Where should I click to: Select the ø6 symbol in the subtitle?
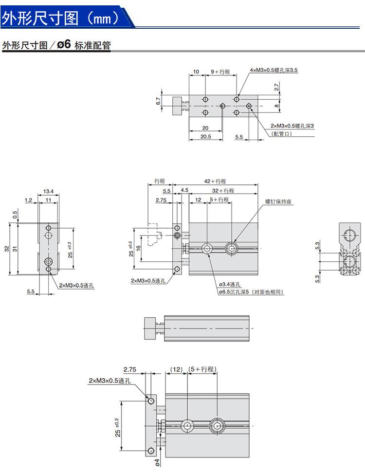coord(64,45)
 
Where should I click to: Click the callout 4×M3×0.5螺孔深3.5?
coord(274,70)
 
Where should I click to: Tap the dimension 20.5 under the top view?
coord(206,136)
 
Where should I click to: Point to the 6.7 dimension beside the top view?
coord(158,101)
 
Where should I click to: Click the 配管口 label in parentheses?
coord(282,133)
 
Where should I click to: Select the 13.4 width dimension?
coord(48,191)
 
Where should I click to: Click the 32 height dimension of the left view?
coord(7,249)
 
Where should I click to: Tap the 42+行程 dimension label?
coord(215,181)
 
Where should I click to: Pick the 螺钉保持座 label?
coord(278,201)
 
